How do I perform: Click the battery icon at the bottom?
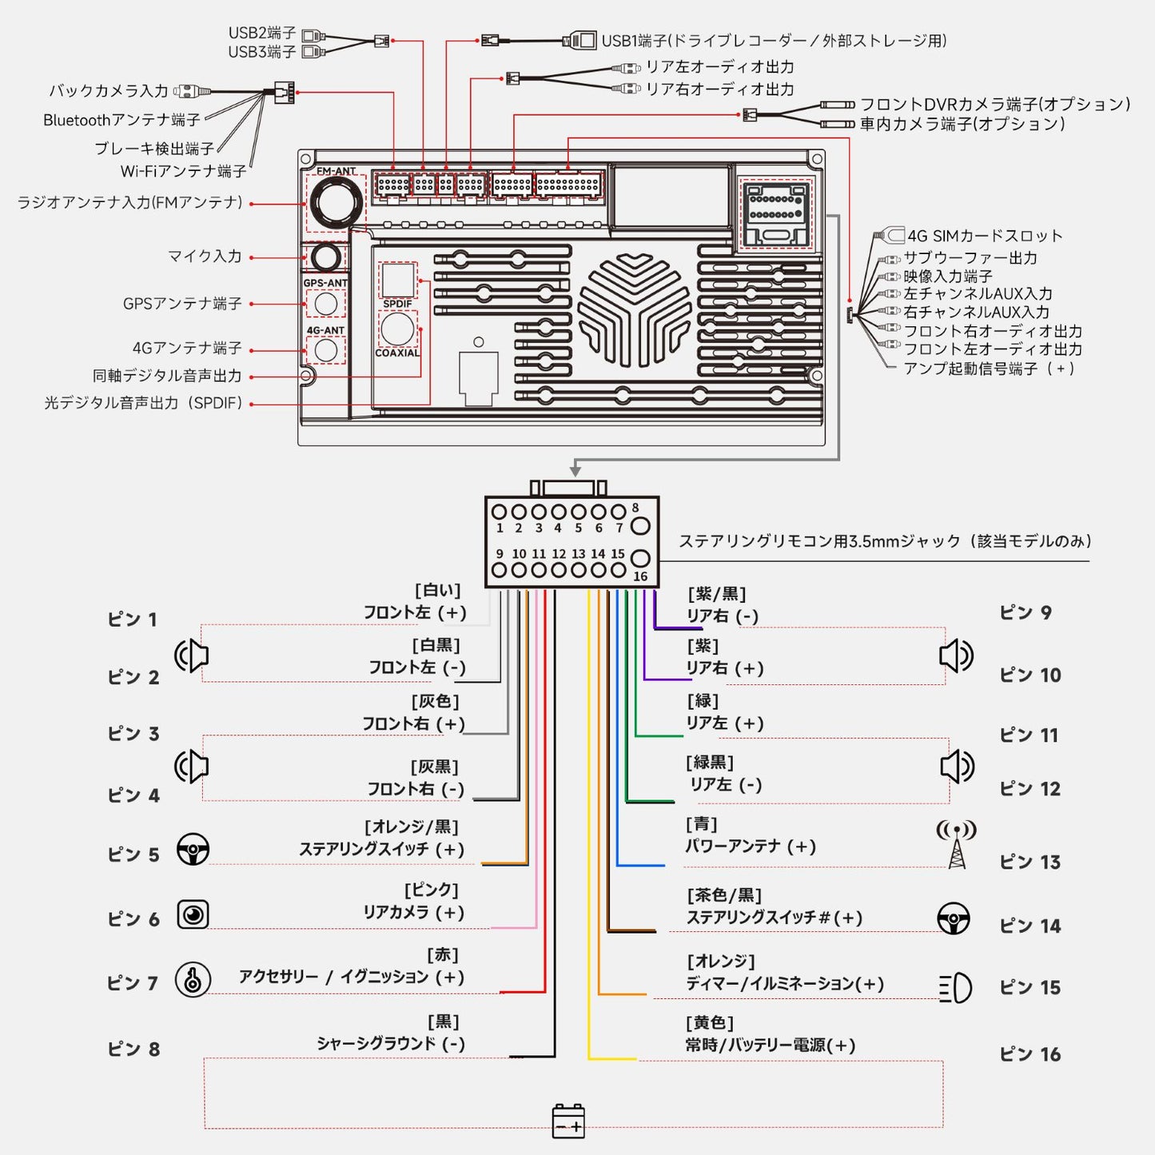coord(568,1121)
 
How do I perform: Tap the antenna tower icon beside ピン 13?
coord(957,844)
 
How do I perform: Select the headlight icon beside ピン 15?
coord(955,988)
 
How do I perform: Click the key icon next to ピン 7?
coord(193,980)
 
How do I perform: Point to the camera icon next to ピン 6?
coord(193,914)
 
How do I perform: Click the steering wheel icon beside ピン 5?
coord(193,849)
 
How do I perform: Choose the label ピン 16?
coord(1030,1054)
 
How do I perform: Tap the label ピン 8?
coord(133,1049)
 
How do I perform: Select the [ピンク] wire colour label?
coord(432,890)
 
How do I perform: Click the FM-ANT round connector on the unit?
coord(336,202)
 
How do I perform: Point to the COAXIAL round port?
coord(397,329)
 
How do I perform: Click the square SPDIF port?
coord(397,280)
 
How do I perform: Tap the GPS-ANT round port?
coord(325,304)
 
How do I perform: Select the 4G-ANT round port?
coord(325,349)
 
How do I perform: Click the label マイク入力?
coord(205,256)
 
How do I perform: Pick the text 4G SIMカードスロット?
coord(985,236)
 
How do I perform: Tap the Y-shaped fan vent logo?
coord(635,310)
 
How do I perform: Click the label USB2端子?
coord(262,33)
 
